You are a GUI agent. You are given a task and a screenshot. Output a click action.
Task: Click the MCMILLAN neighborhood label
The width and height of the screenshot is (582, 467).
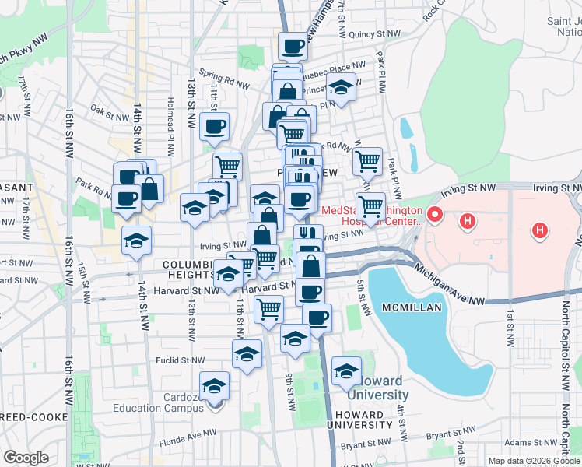pyautogui.click(x=412, y=307)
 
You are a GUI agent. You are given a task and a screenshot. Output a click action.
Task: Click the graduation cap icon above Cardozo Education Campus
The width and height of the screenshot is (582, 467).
pyautogui.click(x=215, y=385)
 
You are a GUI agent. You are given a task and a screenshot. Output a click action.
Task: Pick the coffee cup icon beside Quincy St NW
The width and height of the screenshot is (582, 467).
pyautogui.click(x=293, y=46)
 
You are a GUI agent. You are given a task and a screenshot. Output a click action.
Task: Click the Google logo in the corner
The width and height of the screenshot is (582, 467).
pyautogui.click(x=26, y=457)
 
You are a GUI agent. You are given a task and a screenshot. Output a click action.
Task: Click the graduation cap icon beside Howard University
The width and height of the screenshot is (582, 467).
pyautogui.click(x=346, y=370)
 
